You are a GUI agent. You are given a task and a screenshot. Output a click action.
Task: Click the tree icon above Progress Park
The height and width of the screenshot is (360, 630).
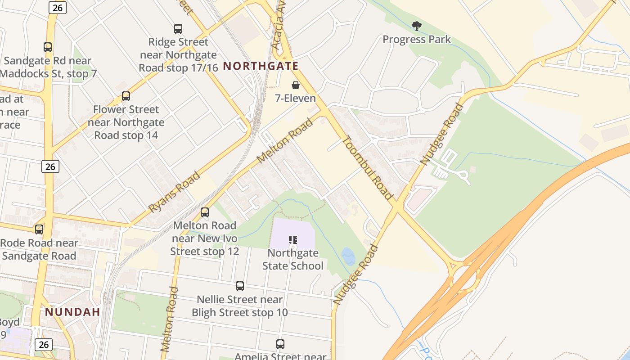(417, 26)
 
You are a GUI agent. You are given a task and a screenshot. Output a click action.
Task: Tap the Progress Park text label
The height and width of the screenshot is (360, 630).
(417, 40)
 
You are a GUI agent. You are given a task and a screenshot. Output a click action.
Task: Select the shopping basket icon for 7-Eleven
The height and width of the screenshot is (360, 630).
(296, 85)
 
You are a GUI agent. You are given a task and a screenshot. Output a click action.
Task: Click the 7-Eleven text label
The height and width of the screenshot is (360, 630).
(296, 98)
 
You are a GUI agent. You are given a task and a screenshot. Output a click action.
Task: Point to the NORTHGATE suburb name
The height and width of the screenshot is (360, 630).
(261, 66)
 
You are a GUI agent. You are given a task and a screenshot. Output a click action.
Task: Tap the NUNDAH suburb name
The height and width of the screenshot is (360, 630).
(72, 312)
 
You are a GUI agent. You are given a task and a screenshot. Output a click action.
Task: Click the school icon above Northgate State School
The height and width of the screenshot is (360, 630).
(293, 240)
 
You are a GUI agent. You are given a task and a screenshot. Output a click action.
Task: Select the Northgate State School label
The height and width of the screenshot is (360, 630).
(293, 260)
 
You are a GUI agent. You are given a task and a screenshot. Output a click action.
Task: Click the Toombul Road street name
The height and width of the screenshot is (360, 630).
(368, 168)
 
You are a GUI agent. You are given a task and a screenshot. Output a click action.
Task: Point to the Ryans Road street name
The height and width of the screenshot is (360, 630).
(174, 192)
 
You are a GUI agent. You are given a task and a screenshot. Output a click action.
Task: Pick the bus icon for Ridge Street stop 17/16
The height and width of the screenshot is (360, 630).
(178, 29)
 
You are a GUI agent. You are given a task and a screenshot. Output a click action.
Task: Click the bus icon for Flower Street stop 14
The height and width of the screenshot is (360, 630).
(126, 96)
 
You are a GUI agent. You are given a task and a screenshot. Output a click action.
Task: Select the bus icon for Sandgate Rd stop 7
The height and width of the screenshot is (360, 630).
(48, 47)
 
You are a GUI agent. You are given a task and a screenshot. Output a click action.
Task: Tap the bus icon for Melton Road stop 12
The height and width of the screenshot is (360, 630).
(205, 212)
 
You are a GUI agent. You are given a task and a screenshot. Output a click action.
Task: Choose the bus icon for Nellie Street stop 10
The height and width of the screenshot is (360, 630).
(240, 286)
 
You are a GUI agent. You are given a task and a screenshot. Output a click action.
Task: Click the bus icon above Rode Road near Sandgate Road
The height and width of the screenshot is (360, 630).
(39, 229)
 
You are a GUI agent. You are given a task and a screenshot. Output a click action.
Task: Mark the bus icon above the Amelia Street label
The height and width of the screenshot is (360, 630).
(280, 344)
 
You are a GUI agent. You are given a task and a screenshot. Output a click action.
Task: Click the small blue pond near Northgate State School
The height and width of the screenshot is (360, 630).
(348, 256)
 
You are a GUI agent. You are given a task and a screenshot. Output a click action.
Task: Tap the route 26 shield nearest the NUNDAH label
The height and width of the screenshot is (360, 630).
(43, 345)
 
